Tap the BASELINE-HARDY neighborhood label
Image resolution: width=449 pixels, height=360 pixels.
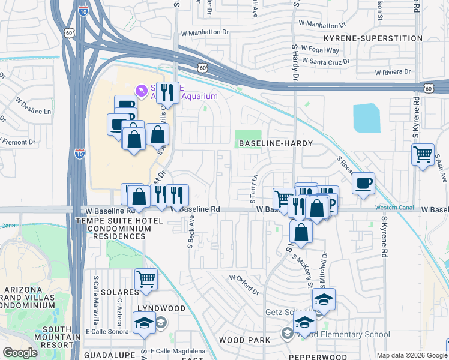[x=270, y=144]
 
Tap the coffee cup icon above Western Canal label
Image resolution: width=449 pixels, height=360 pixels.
[x=363, y=183]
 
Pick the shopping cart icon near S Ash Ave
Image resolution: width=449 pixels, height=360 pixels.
[x=423, y=154]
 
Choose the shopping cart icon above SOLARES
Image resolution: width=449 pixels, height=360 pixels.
[x=146, y=279]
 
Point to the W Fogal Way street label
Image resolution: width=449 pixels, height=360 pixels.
[x=320, y=49]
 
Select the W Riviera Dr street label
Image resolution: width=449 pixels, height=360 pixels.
[x=393, y=72]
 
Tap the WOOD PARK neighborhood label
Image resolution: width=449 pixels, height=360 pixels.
[x=240, y=340]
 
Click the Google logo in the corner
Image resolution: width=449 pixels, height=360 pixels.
[x=20, y=353]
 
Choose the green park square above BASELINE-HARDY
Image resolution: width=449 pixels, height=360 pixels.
[x=248, y=139]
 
